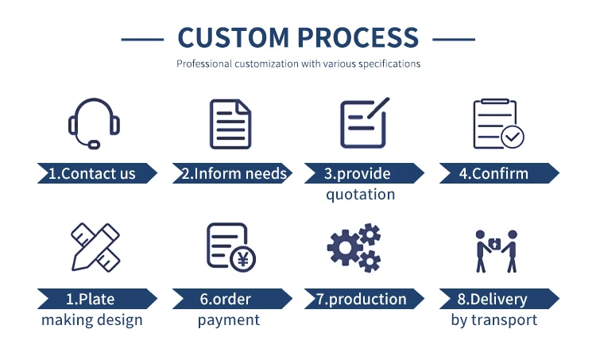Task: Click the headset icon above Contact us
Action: tap(94, 123)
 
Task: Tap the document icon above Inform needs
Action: tap(230, 124)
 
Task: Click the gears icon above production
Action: tap(354, 247)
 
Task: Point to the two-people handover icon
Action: tap(497, 250)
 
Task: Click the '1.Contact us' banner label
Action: tap(93, 173)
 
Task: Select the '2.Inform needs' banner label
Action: tap(234, 173)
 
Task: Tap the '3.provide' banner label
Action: tap(358, 173)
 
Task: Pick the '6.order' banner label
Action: tap(226, 300)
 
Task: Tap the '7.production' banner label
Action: tap(362, 300)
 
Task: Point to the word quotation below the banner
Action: tap(360, 194)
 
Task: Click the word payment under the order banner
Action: tap(229, 320)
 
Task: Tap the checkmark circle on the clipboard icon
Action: tap(513, 137)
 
